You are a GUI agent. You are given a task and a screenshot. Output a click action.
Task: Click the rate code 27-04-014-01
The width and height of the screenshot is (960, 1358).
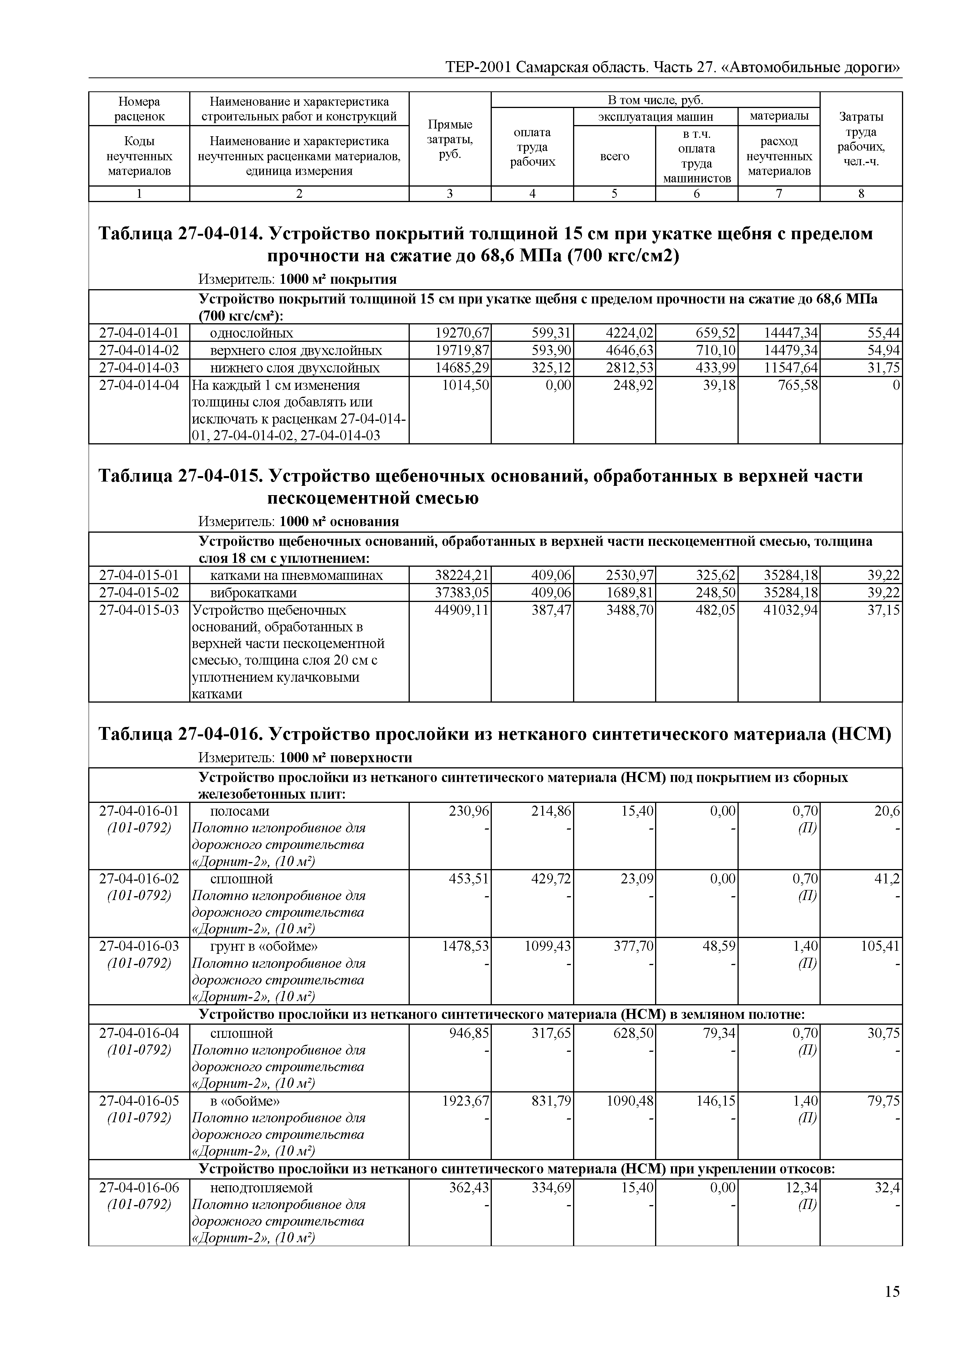click(139, 333)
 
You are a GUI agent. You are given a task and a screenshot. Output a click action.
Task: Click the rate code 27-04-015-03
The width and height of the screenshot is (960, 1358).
click(139, 610)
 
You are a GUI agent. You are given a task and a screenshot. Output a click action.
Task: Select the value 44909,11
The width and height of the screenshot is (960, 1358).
click(462, 610)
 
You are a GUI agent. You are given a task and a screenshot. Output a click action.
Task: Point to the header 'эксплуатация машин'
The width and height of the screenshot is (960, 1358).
click(655, 117)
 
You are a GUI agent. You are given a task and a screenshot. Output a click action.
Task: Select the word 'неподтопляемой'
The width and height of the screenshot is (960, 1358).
click(261, 1188)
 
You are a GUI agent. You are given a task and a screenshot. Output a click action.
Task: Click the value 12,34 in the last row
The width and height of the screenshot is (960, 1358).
click(804, 1188)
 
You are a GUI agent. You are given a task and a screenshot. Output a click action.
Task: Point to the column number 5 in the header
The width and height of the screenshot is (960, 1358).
click(614, 194)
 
